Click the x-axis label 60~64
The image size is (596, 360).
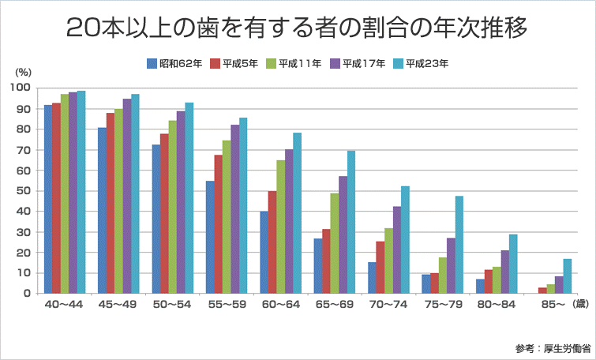[x=280, y=305]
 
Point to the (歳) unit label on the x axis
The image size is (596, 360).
[x=580, y=305]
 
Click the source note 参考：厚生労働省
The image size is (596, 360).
[x=549, y=347]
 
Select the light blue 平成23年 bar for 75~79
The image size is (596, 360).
[x=459, y=245]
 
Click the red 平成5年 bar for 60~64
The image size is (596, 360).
[x=272, y=242]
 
